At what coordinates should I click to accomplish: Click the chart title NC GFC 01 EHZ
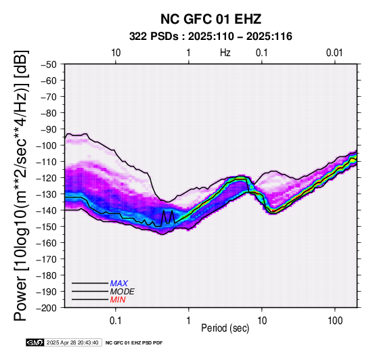point(211,19)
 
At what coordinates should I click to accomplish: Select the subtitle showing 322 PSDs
point(211,37)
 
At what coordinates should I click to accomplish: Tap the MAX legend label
point(119,284)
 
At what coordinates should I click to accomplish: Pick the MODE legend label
point(123,292)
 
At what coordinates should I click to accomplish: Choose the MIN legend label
point(118,300)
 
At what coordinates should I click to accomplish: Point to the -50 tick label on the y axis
point(49,64)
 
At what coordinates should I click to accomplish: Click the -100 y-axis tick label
point(47,145)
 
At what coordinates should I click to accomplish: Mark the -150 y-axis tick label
point(47,227)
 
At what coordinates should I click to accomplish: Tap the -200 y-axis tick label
point(47,308)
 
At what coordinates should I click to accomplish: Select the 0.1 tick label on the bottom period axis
point(116,321)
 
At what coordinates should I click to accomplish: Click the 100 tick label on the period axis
point(335,321)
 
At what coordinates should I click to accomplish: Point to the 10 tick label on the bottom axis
point(262,321)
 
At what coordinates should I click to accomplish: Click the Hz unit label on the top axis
point(225,53)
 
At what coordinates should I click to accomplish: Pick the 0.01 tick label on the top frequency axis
point(334,53)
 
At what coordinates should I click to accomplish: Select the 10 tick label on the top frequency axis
point(116,53)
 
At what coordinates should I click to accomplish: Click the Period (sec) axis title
point(225,328)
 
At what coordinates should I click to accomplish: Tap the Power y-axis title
point(21,185)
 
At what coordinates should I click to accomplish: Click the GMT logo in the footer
point(35,342)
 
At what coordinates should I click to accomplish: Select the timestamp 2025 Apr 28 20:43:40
point(72,342)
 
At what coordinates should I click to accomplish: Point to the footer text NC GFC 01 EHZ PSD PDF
point(134,343)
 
